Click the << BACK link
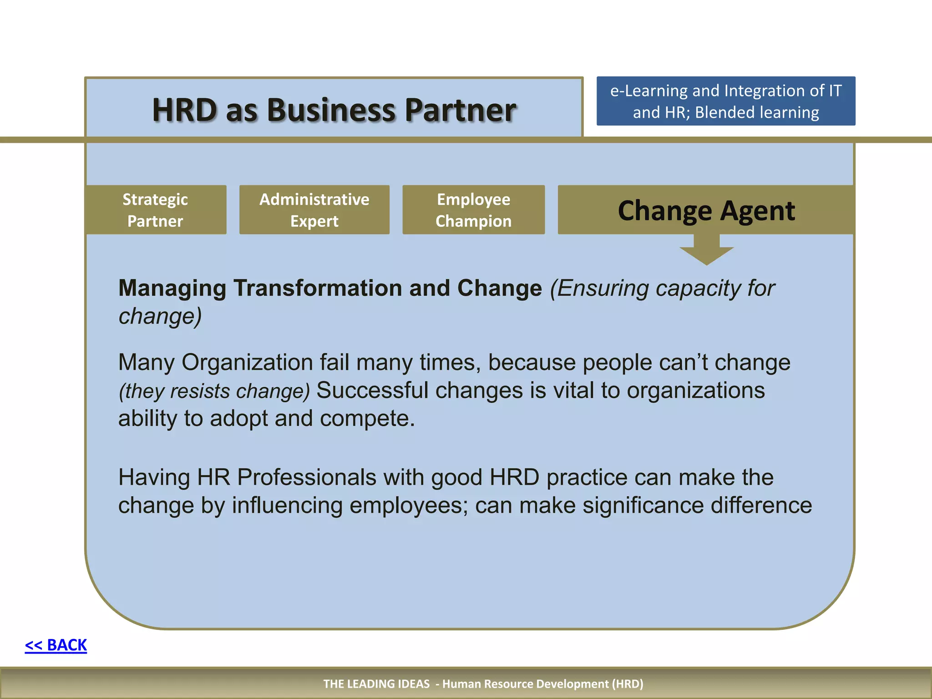(56, 645)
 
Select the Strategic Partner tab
(155, 210)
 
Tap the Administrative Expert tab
(314, 210)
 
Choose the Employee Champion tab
(473, 210)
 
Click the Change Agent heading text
(706, 211)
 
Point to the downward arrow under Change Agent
(706, 250)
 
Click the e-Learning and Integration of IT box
(725, 101)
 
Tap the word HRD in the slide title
(185, 110)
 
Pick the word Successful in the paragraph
(372, 390)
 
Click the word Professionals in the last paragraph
(306, 477)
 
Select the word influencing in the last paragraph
(287, 506)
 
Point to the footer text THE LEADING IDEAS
(376, 684)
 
